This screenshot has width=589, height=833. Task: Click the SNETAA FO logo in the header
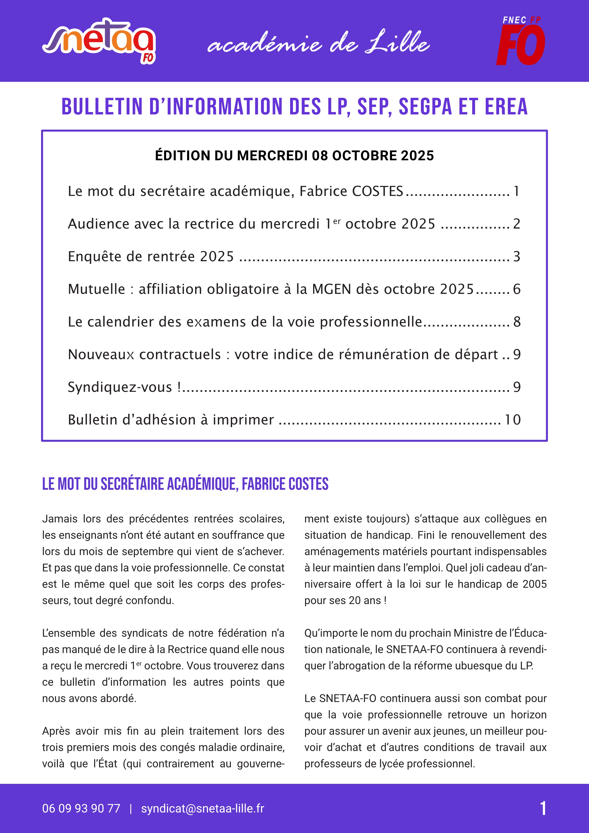pyautogui.click(x=99, y=41)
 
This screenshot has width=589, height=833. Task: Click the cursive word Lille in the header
pyautogui.click(x=397, y=43)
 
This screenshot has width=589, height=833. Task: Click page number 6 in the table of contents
pyautogui.click(x=516, y=289)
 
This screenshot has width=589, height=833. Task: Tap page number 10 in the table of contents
pyautogui.click(x=513, y=420)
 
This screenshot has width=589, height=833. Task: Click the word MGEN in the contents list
pyautogui.click(x=331, y=289)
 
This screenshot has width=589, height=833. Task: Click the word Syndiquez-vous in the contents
pyautogui.click(x=120, y=387)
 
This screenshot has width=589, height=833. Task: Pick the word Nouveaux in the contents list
pyautogui.click(x=101, y=355)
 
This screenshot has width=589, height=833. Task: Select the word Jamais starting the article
pyautogui.click(x=60, y=519)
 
